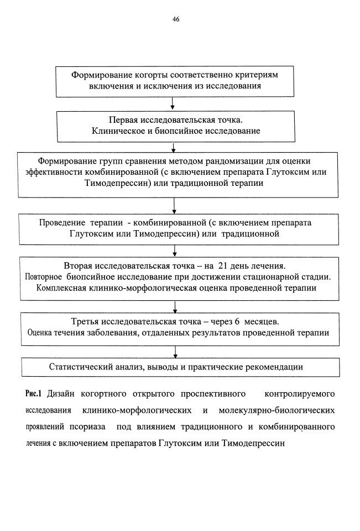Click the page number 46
coord(176,19)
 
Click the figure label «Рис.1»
coord(33,393)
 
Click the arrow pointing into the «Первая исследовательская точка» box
coord(173,103)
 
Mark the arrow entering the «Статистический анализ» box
coord(175,352)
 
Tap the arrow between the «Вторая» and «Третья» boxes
coord(175,307)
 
